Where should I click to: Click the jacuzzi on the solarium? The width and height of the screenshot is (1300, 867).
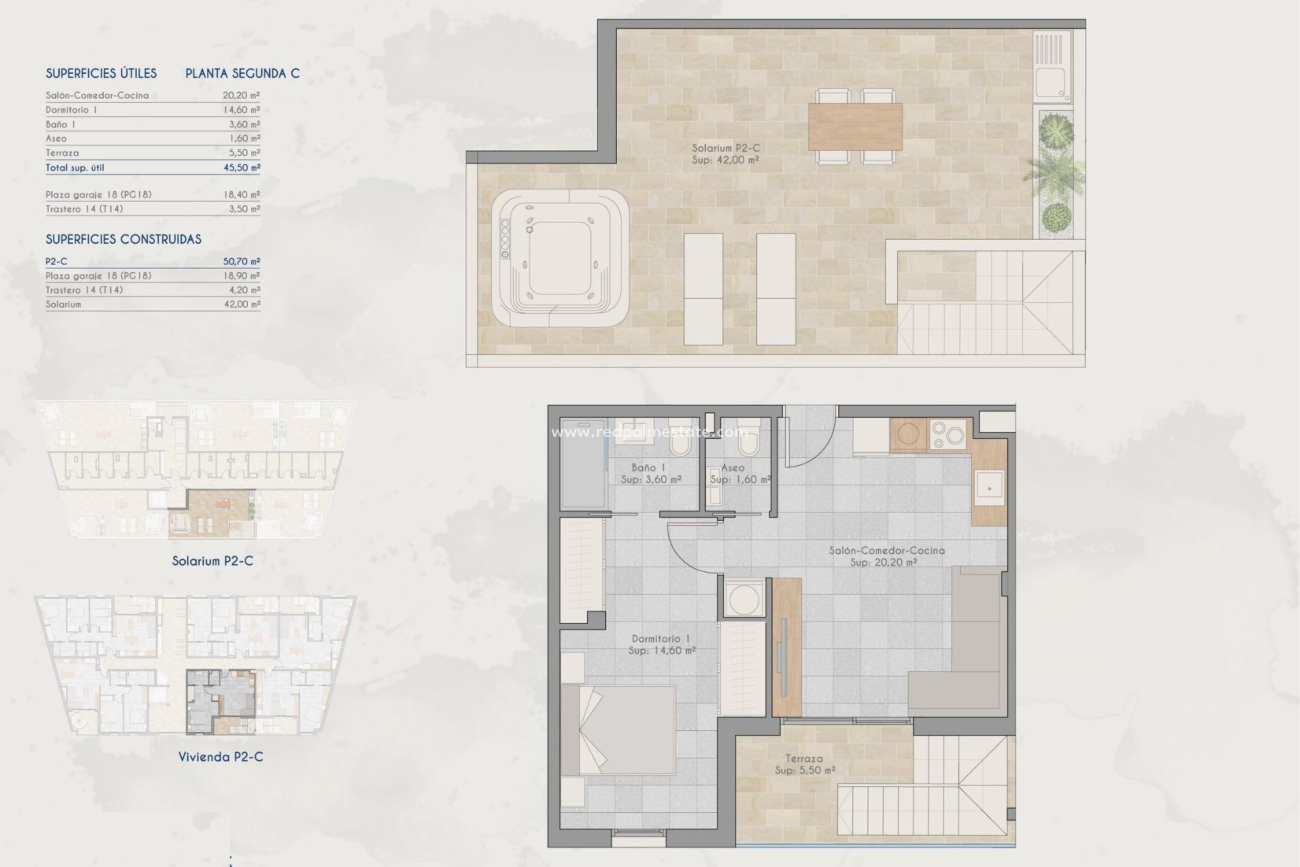coord(560,259)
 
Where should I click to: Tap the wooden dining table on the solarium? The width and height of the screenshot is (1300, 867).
coord(855,127)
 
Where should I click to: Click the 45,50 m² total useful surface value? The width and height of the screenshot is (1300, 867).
coord(242,167)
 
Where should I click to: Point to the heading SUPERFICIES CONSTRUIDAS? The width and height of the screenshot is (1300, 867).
coord(123,239)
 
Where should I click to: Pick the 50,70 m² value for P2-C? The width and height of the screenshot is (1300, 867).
coord(242,261)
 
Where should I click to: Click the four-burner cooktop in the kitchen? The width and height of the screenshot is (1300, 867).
coord(947,436)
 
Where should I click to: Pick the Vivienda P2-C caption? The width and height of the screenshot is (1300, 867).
coord(221,757)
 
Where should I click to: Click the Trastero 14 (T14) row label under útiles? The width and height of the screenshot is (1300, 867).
coord(84,209)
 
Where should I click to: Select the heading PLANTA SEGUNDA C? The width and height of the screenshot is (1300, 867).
coord(242,73)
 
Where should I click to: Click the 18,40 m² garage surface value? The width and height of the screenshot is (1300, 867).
coord(242,194)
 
